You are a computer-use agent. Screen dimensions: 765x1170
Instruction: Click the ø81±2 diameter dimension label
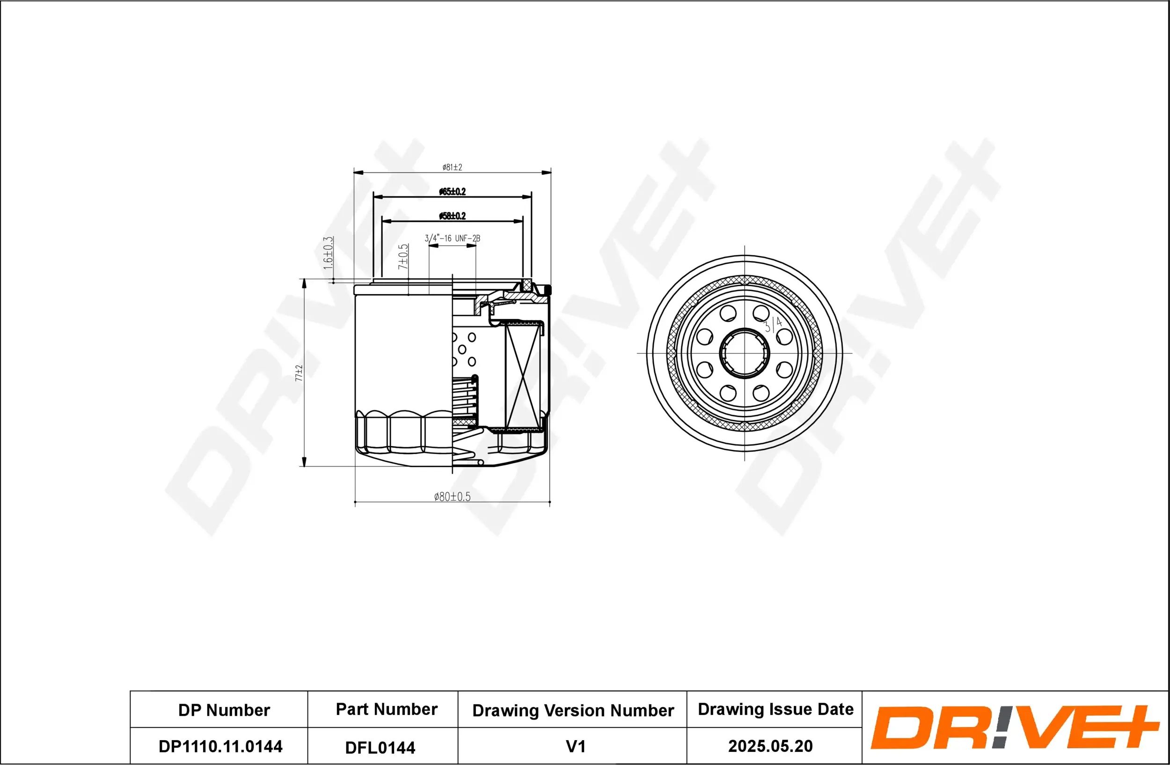point(452,167)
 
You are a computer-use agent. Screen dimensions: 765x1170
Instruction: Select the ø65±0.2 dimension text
point(452,192)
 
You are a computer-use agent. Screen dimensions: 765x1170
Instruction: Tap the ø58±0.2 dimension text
point(452,215)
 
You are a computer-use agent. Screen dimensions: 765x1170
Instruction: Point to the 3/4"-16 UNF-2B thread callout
point(452,238)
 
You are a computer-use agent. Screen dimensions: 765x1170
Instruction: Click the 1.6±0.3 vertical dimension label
point(328,253)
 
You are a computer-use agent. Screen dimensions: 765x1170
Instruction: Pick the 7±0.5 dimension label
point(403,256)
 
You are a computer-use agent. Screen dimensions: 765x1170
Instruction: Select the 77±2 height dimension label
point(299,373)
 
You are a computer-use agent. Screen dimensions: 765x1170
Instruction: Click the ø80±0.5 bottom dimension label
point(452,497)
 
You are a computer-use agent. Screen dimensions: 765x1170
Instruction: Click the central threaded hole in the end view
point(744,353)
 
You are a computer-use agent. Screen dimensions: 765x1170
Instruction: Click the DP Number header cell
point(224,710)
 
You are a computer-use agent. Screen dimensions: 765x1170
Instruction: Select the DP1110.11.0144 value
point(220,746)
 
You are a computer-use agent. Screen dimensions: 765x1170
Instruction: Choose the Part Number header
point(387,709)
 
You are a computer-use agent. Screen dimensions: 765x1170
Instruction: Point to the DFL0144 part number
point(380,747)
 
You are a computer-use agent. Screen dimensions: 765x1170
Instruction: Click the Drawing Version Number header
point(573,710)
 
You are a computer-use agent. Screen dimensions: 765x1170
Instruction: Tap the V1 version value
point(575,746)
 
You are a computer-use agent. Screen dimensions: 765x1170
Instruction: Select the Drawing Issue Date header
point(775,709)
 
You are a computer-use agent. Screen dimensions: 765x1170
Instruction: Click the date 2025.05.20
point(770,746)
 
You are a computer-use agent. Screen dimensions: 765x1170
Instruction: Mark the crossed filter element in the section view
point(522,376)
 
